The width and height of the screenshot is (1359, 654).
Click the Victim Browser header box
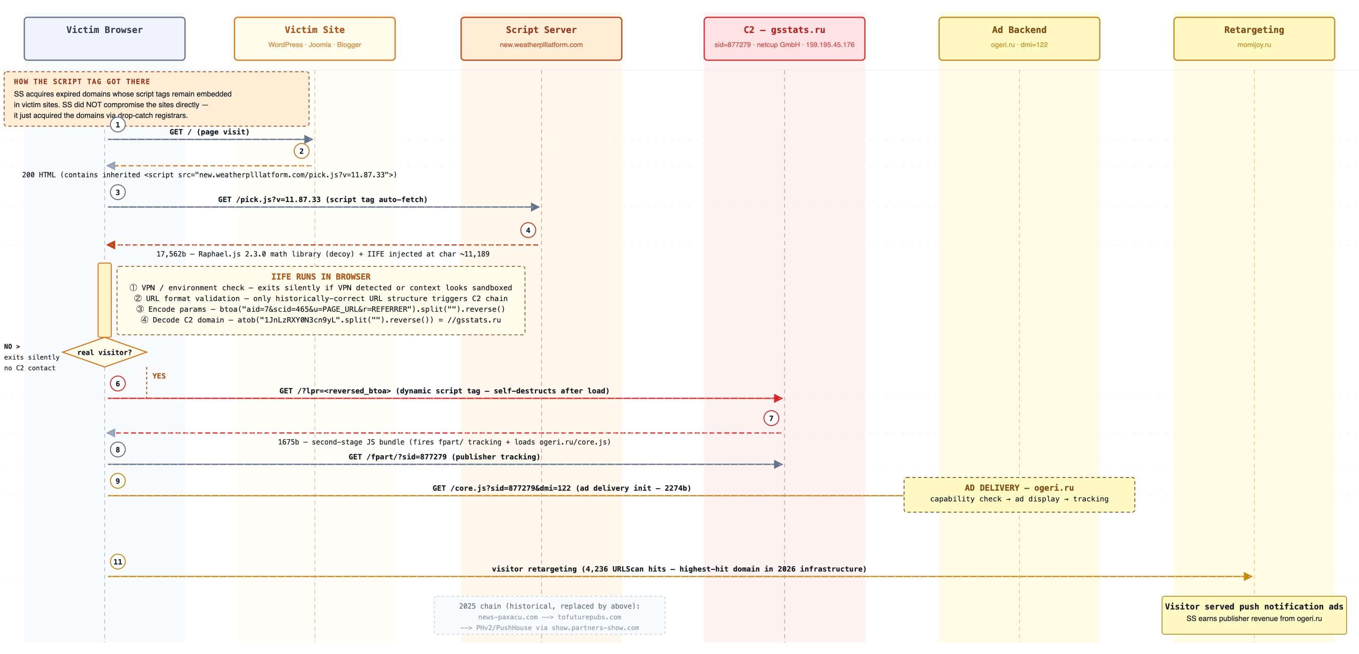(104, 38)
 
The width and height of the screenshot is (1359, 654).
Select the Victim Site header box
(314, 38)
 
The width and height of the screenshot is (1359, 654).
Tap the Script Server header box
(541, 38)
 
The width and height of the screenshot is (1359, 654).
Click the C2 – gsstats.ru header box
(785, 38)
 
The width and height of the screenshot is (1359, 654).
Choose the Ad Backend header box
(1019, 38)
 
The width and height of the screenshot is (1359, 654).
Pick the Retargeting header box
(1254, 38)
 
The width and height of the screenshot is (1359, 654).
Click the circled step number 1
(118, 125)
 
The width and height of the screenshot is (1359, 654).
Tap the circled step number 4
(528, 230)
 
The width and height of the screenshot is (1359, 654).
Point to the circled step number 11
(118, 562)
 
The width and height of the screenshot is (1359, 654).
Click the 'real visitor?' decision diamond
(104, 352)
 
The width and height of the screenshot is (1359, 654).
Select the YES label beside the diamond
(159, 376)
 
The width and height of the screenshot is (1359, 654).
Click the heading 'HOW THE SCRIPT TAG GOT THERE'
(82, 82)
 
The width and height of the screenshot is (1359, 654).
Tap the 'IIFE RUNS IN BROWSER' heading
(321, 277)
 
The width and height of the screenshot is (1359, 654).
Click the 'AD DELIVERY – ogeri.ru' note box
(1019, 494)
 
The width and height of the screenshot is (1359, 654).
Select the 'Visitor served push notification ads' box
(1254, 615)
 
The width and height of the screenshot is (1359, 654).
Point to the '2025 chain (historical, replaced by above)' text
(549, 606)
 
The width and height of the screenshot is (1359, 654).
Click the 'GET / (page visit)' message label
(209, 132)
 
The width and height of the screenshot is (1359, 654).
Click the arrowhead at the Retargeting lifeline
(1248, 576)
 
